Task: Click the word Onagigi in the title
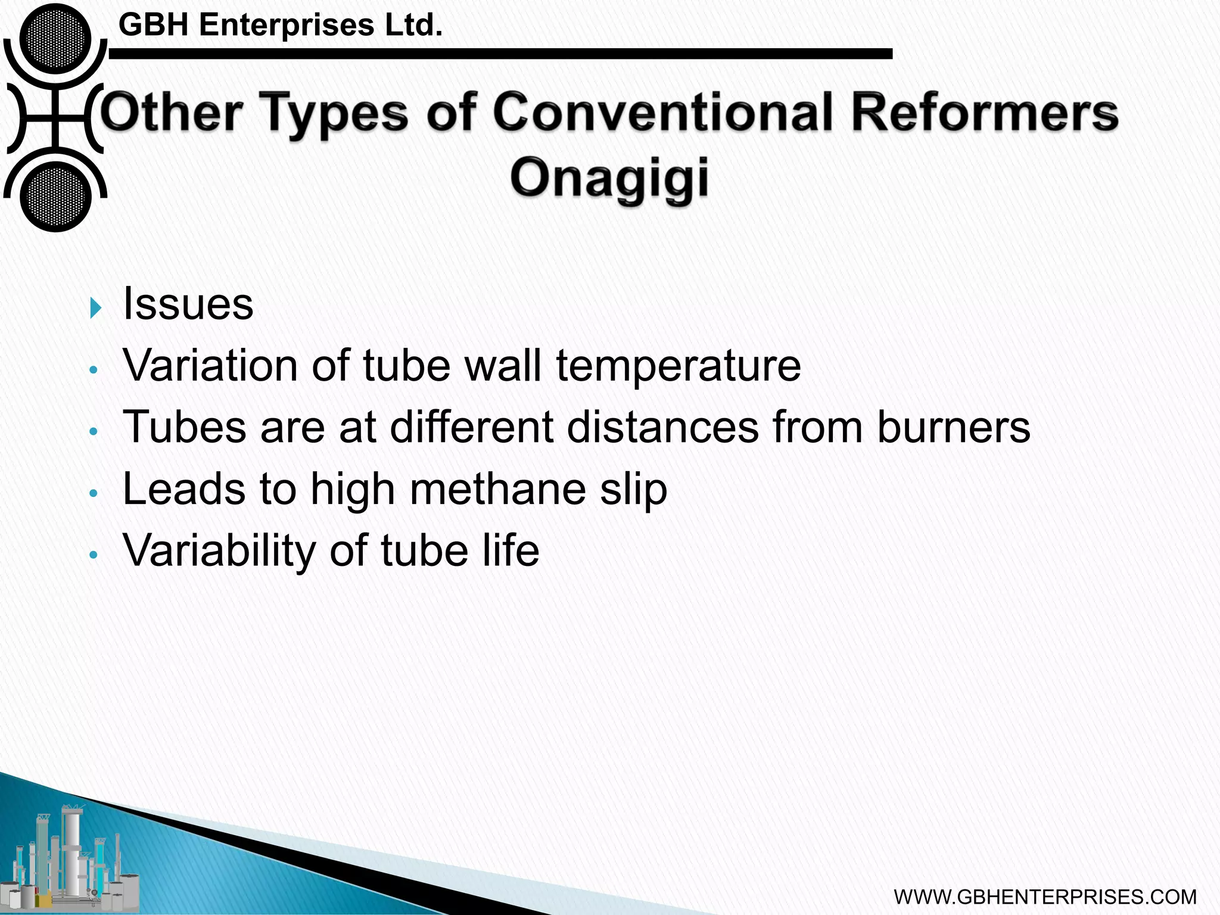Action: [610, 178]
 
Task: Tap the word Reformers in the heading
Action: [985, 113]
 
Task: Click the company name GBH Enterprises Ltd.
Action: [281, 25]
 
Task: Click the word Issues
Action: [188, 304]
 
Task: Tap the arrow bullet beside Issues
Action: [96, 308]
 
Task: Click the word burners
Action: [953, 427]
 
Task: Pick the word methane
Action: [497, 489]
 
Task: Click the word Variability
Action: [219, 550]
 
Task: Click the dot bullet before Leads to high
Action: [92, 494]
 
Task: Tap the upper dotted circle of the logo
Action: [55, 39]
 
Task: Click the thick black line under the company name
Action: [500, 54]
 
